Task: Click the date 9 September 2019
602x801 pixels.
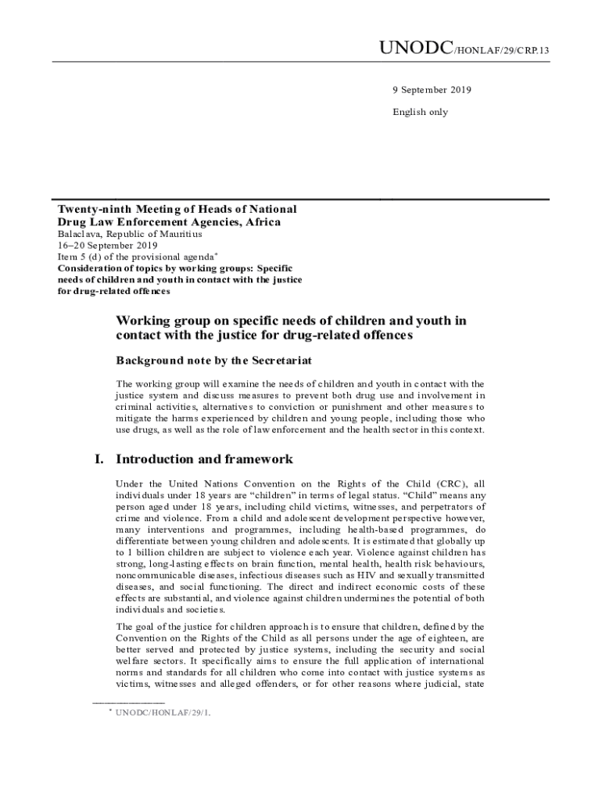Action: click(432, 90)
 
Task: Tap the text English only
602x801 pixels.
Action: click(420, 112)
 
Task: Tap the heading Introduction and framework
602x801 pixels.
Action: click(204, 459)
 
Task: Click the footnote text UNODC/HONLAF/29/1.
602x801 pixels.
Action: click(163, 713)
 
